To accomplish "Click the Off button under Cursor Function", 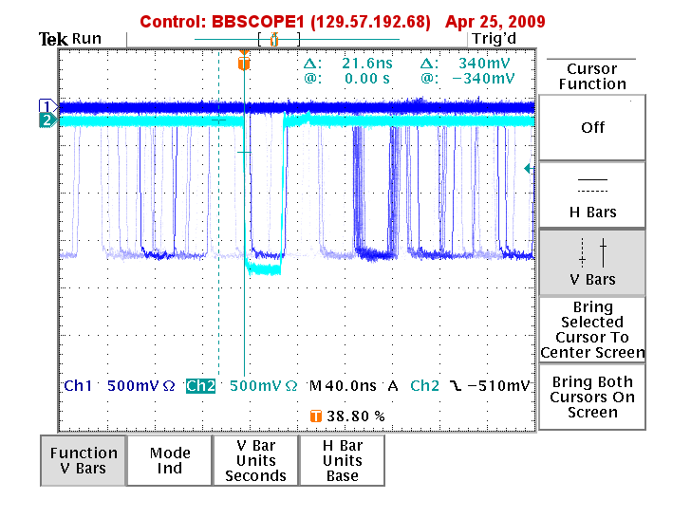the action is (x=592, y=127).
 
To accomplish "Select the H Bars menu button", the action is (x=592, y=195).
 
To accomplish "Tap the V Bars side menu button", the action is (x=592, y=263).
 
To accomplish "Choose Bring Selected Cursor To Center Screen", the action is (x=592, y=330).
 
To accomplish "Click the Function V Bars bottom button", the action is (x=84, y=460).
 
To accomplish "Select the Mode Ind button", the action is (x=170, y=460).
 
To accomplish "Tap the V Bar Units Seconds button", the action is (x=255, y=460).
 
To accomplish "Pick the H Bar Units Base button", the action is (x=342, y=460).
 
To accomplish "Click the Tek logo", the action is (x=53, y=39).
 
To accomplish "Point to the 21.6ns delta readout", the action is (x=367, y=64).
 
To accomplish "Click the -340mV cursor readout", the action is (x=483, y=79).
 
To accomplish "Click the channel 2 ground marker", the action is (x=47, y=120).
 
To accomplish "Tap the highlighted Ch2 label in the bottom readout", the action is (x=200, y=386).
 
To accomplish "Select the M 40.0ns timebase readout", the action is (x=343, y=386).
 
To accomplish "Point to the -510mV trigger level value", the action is (x=498, y=386).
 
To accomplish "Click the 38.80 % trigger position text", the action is (x=356, y=416).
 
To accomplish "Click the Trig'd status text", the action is (x=494, y=39).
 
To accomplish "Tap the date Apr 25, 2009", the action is (x=495, y=22).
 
